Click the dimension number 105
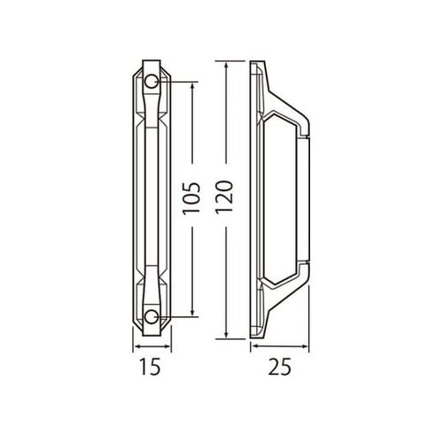point(199,199)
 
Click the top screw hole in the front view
point(152,82)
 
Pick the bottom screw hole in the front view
point(152,316)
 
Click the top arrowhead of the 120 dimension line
point(229,65)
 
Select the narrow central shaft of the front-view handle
point(152,199)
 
